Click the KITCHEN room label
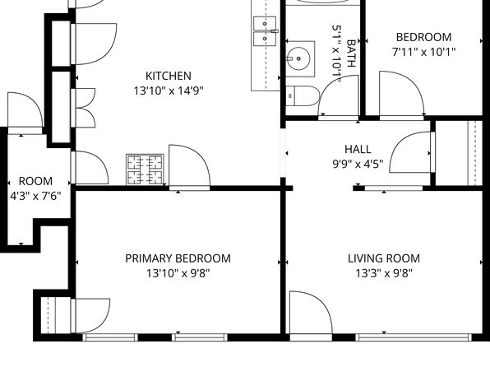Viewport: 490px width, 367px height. pos(169,76)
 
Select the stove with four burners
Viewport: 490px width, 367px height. pos(145,170)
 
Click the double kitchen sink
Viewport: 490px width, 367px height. pos(264,30)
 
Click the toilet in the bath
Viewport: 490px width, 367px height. pos(298,96)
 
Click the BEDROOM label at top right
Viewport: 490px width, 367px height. pos(423,37)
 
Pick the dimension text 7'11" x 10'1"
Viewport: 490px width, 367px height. pos(423,52)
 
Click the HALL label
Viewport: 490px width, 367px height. pos(358,149)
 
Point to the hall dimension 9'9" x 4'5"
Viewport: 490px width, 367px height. pos(358,164)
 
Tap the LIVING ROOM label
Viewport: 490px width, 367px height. pos(384,258)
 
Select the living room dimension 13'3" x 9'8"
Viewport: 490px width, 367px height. pos(384,273)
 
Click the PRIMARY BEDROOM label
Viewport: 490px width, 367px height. pos(178,258)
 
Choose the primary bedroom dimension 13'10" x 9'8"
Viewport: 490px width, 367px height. pos(178,273)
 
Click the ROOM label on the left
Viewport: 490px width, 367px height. pos(35,182)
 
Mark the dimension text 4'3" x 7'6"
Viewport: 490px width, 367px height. pos(35,197)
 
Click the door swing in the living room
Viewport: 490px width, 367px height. pos(308,313)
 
